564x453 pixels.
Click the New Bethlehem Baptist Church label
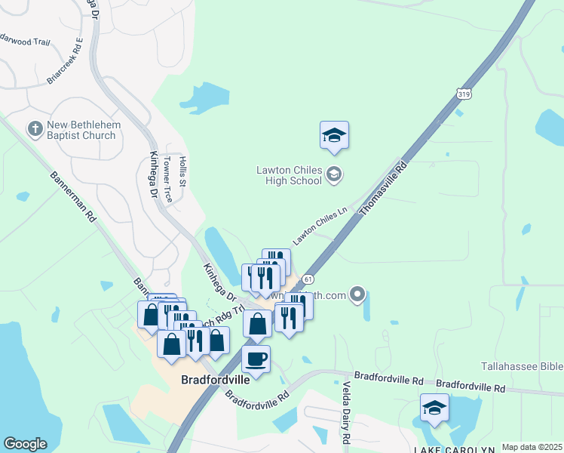click(x=81, y=131)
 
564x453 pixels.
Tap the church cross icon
click(x=35, y=130)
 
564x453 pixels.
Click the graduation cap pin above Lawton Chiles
click(x=334, y=136)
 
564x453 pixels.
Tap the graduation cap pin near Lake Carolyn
click(x=434, y=408)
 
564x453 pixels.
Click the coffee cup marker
click(x=256, y=359)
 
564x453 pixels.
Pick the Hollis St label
click(x=182, y=171)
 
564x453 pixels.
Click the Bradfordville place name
click(x=216, y=380)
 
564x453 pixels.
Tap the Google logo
click(x=25, y=443)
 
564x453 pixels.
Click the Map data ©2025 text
click(x=531, y=447)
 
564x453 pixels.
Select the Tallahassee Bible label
click(x=522, y=367)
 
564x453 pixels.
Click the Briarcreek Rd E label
click(x=64, y=60)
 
